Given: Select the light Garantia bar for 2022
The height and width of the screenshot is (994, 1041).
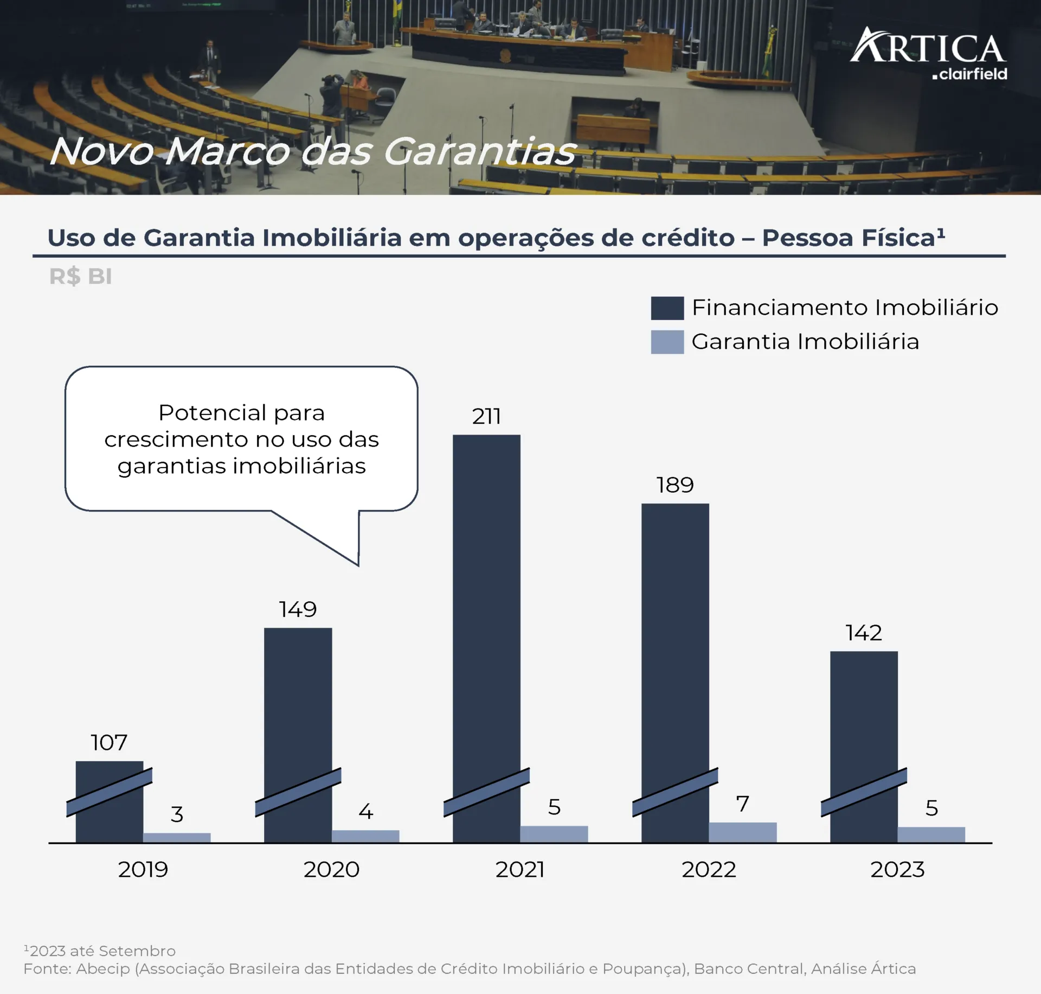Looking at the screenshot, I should [742, 832].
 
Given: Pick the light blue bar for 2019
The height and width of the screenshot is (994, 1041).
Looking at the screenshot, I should [177, 837].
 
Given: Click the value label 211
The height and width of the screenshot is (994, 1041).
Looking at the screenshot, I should [486, 417].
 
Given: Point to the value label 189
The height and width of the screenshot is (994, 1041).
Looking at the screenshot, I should [675, 485].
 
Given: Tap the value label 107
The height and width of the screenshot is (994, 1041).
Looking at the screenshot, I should [109, 743].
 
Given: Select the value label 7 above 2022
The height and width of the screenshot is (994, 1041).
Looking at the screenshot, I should [742, 804].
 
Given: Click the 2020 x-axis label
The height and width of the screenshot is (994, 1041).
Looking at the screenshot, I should [331, 870].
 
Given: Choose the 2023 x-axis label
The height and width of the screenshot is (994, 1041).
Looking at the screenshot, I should [897, 870].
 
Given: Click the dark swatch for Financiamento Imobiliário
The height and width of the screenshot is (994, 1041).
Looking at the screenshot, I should [667, 308].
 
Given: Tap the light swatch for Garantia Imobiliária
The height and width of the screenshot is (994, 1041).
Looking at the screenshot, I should [667, 342].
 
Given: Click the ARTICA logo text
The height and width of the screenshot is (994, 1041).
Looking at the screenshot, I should [928, 48].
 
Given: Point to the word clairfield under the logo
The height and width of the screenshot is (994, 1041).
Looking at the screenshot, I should [973, 74].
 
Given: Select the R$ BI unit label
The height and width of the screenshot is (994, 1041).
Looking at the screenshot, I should [81, 277].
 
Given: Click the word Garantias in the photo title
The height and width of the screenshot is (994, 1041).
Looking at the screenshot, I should [479, 151].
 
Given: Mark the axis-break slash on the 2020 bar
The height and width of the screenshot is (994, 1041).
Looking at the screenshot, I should [298, 792].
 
